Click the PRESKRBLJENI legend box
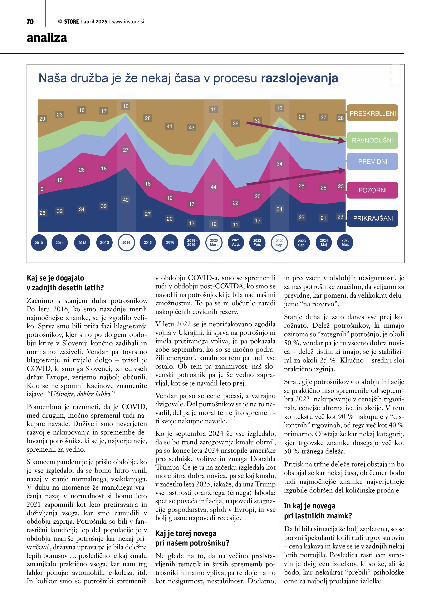372,113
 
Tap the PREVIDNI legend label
373,162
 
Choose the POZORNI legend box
372,190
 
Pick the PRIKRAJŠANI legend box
373,218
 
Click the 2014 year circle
126,242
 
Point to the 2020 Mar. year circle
214,242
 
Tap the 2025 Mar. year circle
345,242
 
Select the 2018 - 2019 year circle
191,242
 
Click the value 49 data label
126,200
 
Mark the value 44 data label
214,187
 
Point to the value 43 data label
192,128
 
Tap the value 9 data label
42,189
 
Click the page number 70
30,22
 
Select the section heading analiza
47,38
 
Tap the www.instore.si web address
128,22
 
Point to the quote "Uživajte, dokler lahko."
81,394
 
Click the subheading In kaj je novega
309,506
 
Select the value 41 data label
170,126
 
